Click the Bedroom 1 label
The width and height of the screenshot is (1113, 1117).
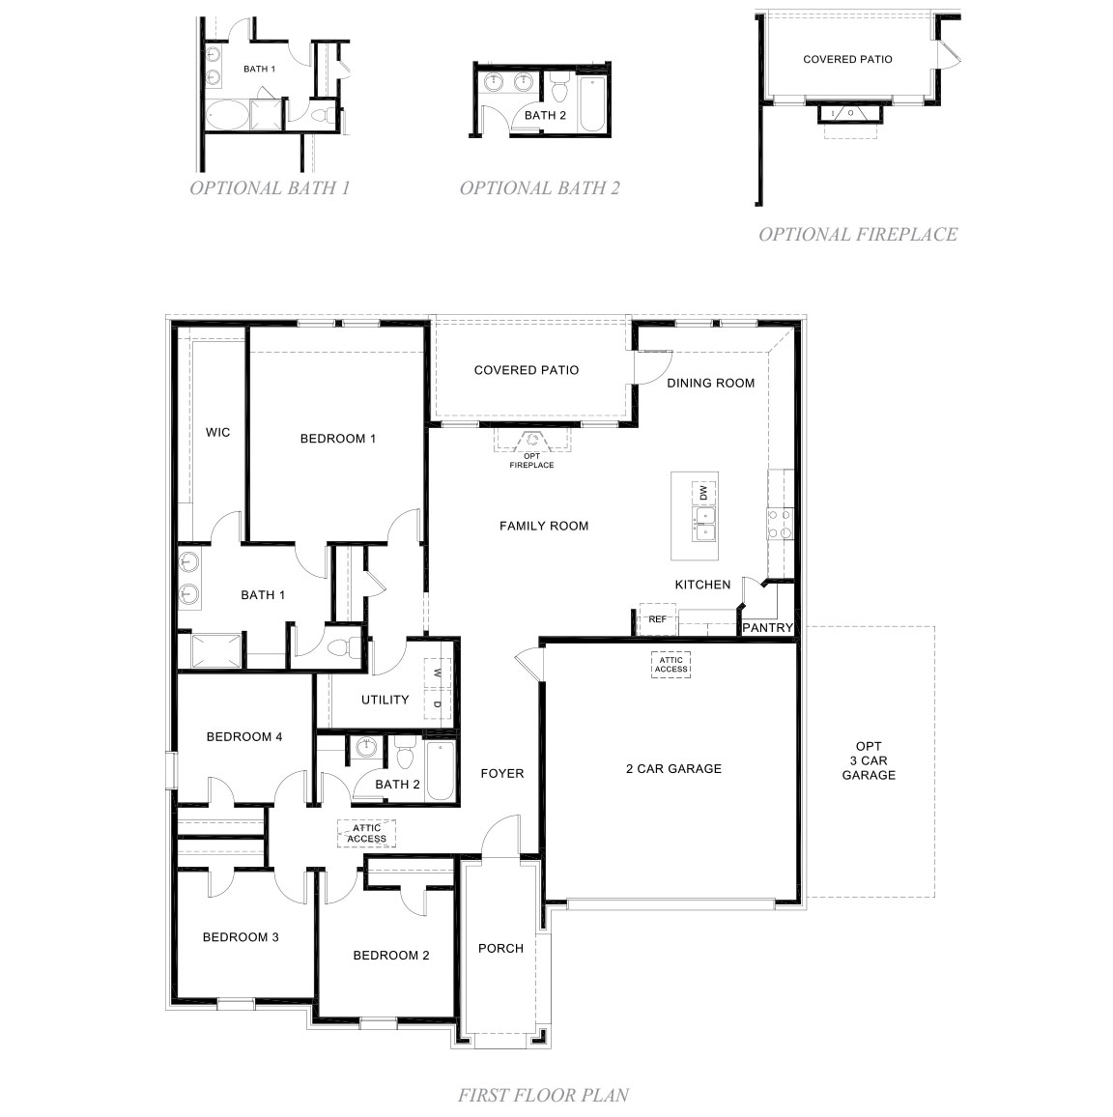[x=337, y=439]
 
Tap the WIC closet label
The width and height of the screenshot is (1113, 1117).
[x=218, y=432]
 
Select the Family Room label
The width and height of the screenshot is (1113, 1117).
[x=544, y=526]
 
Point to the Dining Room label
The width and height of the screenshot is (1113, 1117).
[x=710, y=383]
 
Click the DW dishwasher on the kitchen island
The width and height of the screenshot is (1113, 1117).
[x=703, y=494]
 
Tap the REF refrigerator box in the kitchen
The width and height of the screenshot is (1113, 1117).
[x=657, y=619]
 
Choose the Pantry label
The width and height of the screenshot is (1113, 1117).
[x=767, y=628]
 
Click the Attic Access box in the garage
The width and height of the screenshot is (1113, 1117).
[x=671, y=664]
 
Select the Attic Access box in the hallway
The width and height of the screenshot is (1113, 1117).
[x=367, y=833]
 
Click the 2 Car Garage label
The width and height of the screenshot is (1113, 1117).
[x=673, y=769]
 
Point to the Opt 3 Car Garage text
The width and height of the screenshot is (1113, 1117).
[x=869, y=760]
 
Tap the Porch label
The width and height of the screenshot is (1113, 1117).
[x=500, y=948]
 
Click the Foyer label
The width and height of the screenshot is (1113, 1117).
[x=502, y=773]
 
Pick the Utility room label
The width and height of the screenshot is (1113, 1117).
[x=385, y=700]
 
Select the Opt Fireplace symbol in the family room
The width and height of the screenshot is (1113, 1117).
[x=532, y=443]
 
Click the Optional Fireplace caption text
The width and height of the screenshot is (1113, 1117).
[x=857, y=234]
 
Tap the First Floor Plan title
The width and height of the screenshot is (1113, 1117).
[x=543, y=1095]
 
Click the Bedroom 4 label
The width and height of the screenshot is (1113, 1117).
[x=244, y=736]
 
